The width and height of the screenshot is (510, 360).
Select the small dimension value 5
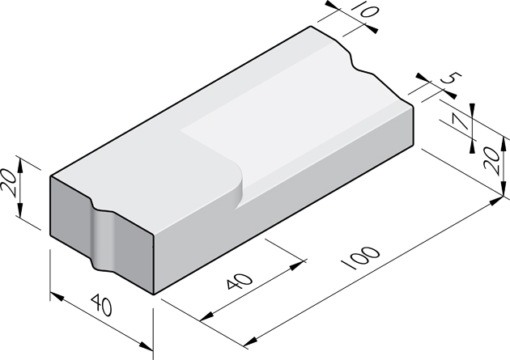pyautogui.click(x=451, y=81)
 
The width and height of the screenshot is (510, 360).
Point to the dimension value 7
pyautogui.click(x=460, y=123)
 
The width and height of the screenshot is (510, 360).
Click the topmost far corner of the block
pyautogui.click(x=312, y=27)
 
